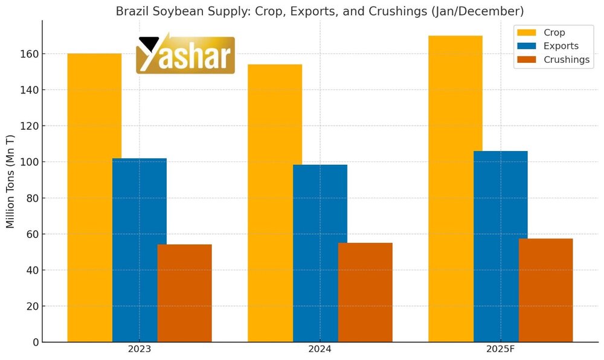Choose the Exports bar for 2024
pyautogui.click(x=320, y=253)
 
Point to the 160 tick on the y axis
pyautogui.click(x=31, y=54)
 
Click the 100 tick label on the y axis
pyautogui.click(x=31, y=162)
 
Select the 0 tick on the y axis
pyautogui.click(x=36, y=342)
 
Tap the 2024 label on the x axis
pyautogui.click(x=320, y=350)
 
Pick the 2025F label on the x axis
pyautogui.click(x=500, y=350)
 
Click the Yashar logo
pyautogui.click(x=185, y=54)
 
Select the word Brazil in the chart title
pyautogui.click(x=132, y=11)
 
